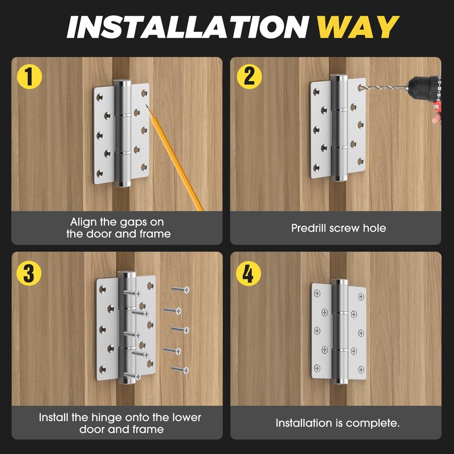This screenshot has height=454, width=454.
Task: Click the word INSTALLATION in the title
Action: [187, 27]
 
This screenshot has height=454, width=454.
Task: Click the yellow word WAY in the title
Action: [357, 27]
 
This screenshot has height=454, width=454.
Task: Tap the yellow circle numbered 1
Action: [29, 77]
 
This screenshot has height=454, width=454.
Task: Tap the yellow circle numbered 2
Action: [248, 77]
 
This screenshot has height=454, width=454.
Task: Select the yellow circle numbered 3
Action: [29, 273]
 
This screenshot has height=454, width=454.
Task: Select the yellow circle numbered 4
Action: [248, 273]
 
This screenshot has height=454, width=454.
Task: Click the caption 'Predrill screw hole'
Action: [338, 228]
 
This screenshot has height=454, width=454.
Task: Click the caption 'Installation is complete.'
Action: [338, 423]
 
